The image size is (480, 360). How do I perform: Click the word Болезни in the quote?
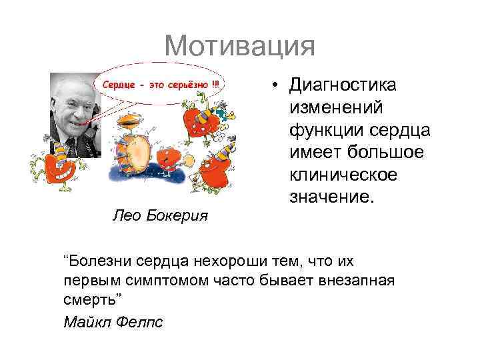point(95,261)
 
